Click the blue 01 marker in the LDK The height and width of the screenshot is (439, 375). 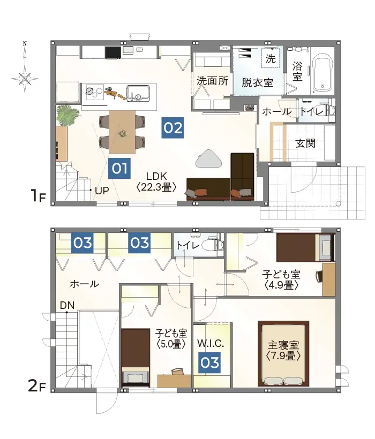click(x=119, y=169)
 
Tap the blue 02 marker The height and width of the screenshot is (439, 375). click(x=173, y=128)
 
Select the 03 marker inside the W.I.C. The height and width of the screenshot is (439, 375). click(x=210, y=363)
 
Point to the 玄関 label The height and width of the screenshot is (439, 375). click(x=305, y=143)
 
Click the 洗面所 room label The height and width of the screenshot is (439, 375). click(x=213, y=81)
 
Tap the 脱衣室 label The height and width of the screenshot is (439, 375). click(x=258, y=83)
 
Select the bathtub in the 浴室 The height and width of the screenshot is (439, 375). click(x=323, y=72)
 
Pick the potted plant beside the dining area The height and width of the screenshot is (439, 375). click(x=68, y=115)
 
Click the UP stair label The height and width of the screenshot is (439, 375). click(x=102, y=190)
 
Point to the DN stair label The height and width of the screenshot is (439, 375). click(x=67, y=305)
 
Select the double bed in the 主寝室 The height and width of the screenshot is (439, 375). click(x=283, y=353)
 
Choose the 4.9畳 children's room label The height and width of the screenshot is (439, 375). click(x=281, y=279)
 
